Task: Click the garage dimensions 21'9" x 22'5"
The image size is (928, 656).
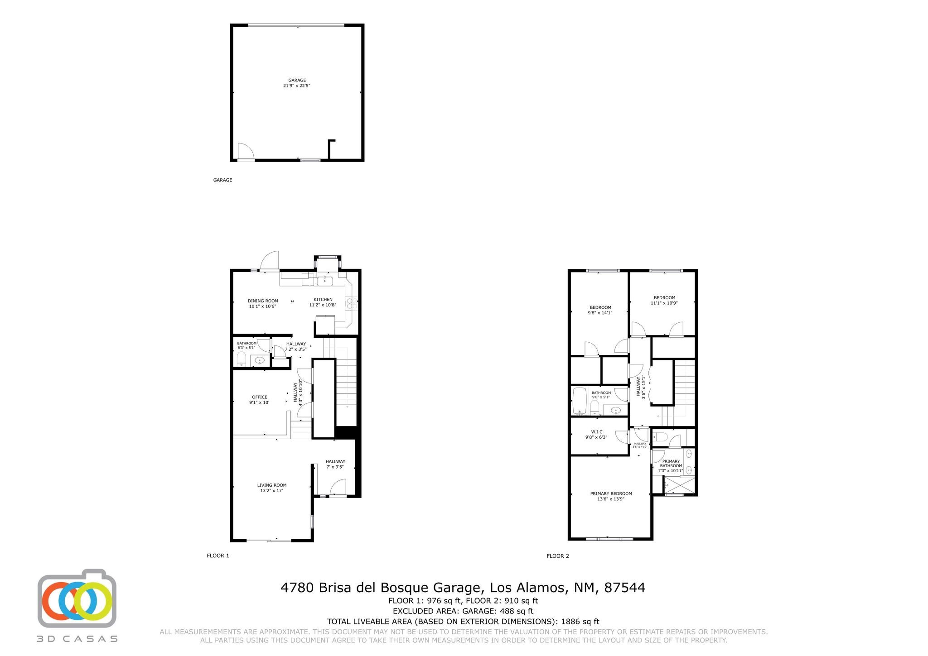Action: (x=297, y=86)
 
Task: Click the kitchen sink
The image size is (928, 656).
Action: (x=324, y=281)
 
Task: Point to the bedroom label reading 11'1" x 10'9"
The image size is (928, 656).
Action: (x=664, y=301)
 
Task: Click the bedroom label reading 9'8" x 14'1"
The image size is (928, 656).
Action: (x=600, y=310)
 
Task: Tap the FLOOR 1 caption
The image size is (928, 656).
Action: (x=218, y=555)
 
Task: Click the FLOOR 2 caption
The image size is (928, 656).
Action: (x=558, y=556)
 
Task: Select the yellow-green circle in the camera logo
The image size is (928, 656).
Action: (x=93, y=601)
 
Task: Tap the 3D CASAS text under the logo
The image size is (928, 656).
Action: (x=77, y=639)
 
